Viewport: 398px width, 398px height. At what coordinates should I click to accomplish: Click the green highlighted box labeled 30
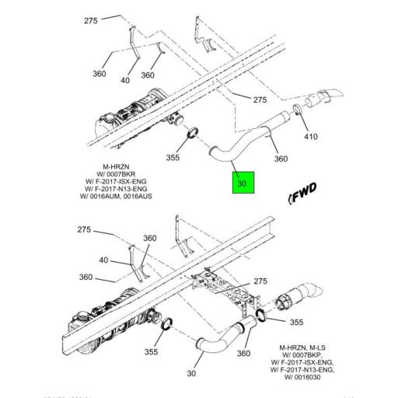pos(242,184)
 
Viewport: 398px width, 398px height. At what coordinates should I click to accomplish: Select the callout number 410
pos(311,137)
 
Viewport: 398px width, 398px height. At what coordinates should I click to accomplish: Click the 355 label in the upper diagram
pos(173,157)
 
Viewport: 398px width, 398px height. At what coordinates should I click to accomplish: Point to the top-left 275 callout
pos(93,21)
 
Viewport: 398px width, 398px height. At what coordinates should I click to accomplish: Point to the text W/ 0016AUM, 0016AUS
pos(118,197)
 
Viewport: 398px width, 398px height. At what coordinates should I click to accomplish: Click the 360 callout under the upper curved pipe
pos(281,159)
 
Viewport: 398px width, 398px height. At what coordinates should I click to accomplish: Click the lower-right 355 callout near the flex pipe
pos(297,321)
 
